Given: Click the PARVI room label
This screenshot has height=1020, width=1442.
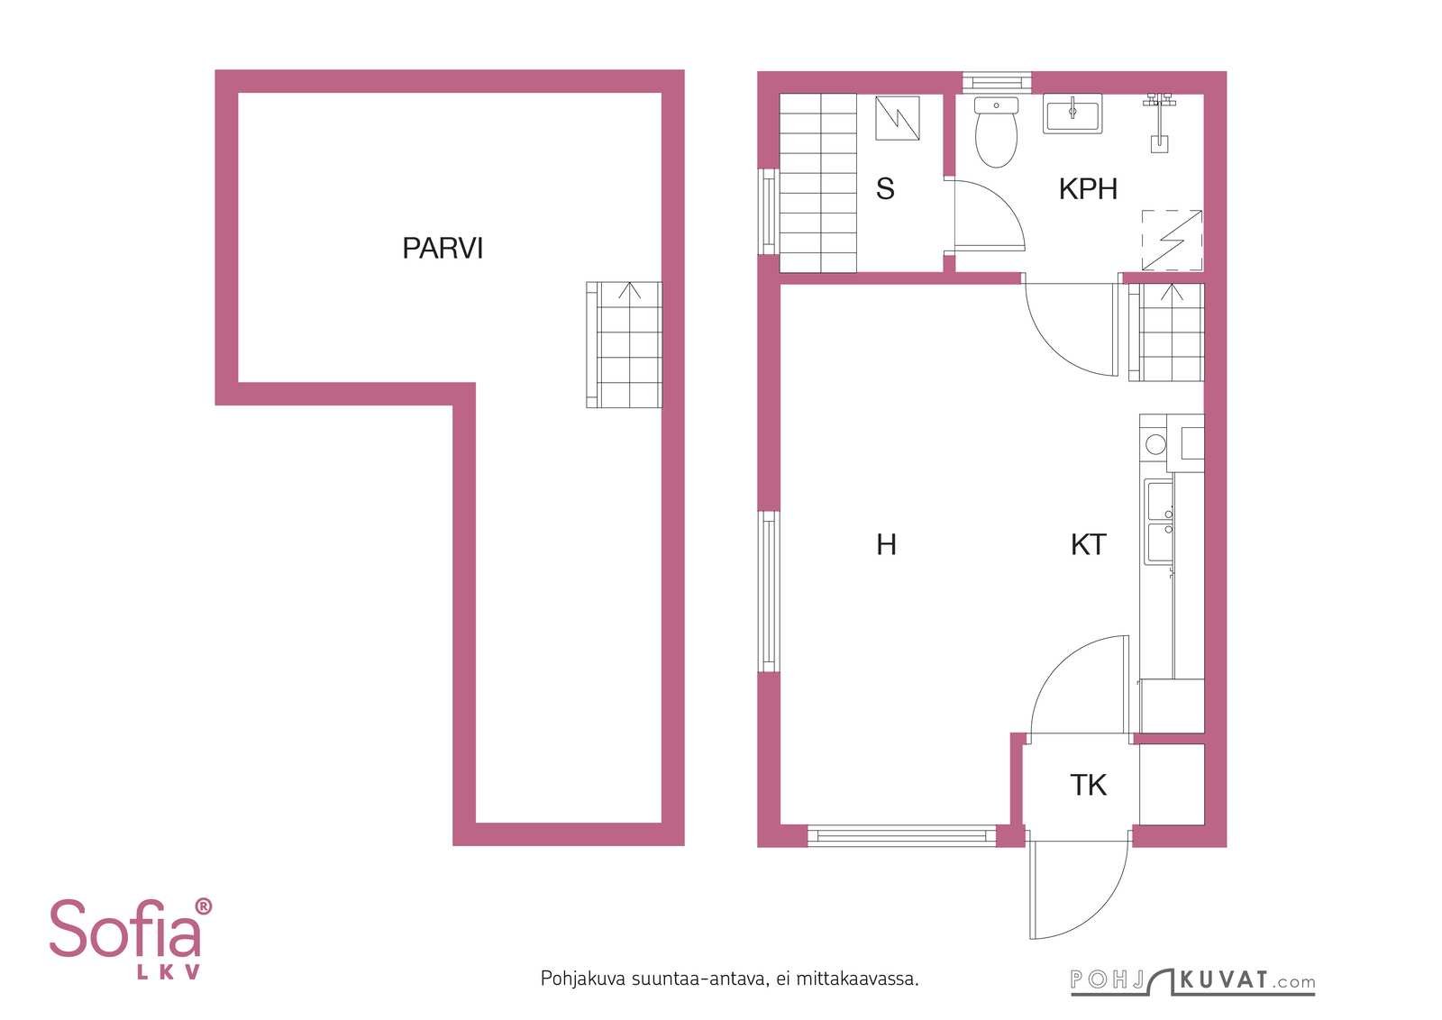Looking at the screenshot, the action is [x=443, y=249].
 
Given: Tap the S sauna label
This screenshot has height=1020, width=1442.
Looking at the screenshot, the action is [x=885, y=188].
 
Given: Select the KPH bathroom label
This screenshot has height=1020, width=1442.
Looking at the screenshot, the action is [x=1088, y=189].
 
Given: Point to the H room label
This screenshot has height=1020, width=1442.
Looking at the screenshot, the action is [x=887, y=544].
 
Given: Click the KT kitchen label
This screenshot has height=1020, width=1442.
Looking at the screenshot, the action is [x=1089, y=544].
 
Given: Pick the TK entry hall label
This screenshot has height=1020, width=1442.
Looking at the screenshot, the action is [x=1089, y=785].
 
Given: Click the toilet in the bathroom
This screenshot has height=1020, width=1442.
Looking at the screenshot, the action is [x=996, y=132].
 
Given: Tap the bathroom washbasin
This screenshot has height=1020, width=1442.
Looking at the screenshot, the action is [x=1072, y=114].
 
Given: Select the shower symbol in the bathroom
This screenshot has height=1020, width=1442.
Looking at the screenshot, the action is [x=1159, y=123].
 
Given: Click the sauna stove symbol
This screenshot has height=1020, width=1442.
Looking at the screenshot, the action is [x=897, y=118].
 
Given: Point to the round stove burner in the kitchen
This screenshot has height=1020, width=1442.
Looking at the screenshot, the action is [x=1156, y=444].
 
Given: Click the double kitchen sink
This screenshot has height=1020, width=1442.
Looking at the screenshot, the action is [x=1159, y=524].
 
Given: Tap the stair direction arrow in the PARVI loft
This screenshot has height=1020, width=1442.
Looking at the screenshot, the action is [x=630, y=291].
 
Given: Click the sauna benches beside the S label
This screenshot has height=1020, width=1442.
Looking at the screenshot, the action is [x=817, y=183].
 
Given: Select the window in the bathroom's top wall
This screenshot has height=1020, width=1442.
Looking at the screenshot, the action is [x=997, y=82].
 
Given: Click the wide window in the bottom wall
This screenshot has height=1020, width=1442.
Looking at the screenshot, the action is [x=901, y=835].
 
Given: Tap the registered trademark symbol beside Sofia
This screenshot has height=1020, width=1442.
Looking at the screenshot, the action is [x=203, y=906].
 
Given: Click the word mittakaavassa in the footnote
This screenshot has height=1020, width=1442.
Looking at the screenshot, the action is [x=857, y=979].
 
